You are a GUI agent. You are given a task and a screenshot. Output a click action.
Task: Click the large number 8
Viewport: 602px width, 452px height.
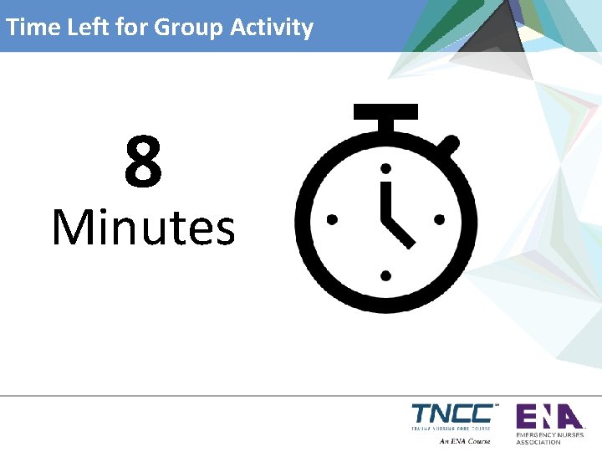tap(143, 163)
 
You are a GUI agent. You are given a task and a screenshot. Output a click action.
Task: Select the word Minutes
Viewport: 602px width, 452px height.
tap(143, 228)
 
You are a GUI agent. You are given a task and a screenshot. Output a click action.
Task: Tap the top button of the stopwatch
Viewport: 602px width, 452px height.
tap(385, 111)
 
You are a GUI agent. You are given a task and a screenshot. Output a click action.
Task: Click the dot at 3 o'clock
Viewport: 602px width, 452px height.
tap(439, 219)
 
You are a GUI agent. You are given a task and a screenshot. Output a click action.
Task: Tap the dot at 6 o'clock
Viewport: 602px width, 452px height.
tap(385, 274)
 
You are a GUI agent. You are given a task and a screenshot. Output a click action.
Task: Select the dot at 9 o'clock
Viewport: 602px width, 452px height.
tap(332, 219)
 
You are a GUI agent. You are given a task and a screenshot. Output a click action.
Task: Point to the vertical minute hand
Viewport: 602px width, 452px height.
tap(385, 201)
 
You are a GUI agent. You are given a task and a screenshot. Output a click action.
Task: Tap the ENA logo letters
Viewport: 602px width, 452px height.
tap(548, 416)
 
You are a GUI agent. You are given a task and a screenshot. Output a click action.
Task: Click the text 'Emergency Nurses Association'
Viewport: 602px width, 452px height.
tap(549, 438)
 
